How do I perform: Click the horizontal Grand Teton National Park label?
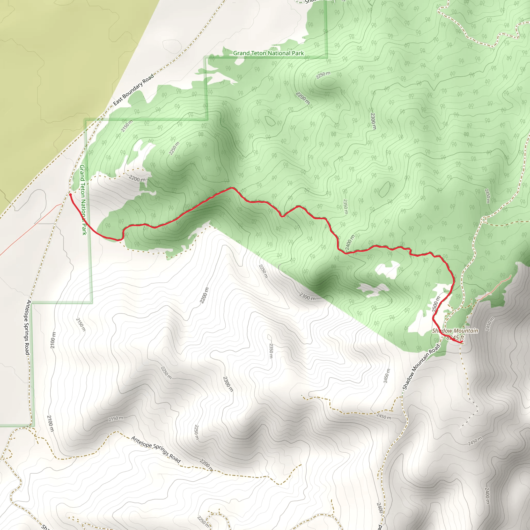pos(268,53)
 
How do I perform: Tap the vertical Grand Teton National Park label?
pos(83,200)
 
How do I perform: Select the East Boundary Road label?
pos(134,90)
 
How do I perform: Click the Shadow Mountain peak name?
pos(455,331)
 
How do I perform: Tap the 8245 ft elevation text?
pos(455,338)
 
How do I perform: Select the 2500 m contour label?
pos(436,304)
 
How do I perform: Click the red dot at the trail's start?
pos(70,195)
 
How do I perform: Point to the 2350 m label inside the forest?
pos(346,207)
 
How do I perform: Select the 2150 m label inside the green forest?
pos(127,126)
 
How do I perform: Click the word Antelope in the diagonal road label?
pos(141,442)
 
